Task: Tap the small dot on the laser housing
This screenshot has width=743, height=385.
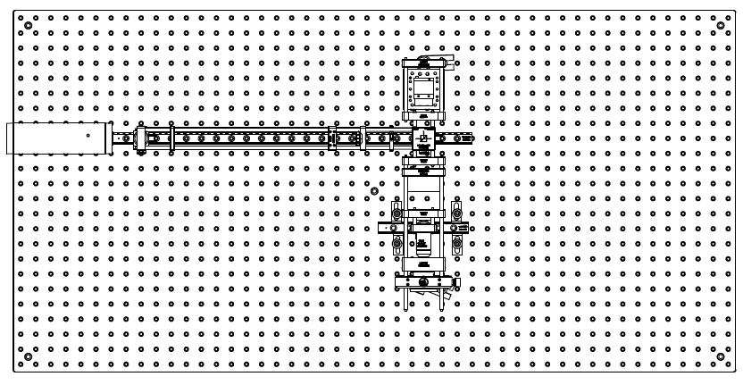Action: point(88,136)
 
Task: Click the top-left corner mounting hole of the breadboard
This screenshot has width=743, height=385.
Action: point(28,25)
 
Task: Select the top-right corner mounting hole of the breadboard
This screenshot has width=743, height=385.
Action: point(721,25)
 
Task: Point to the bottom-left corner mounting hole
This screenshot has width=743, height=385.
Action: point(28,356)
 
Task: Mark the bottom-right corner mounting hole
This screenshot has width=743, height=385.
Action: point(721,356)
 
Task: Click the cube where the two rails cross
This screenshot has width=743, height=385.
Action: point(423,138)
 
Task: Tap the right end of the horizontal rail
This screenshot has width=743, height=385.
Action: point(470,138)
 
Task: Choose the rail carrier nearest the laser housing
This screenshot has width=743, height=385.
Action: point(140,139)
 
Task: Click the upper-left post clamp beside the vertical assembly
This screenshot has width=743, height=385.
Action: point(396,213)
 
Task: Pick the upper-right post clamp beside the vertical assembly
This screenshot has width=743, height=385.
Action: point(456,213)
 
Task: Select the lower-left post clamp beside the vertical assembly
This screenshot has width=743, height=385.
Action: point(396,242)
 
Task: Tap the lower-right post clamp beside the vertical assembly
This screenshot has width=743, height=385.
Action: point(456,242)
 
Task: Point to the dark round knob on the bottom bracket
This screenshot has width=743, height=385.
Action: point(424,282)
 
